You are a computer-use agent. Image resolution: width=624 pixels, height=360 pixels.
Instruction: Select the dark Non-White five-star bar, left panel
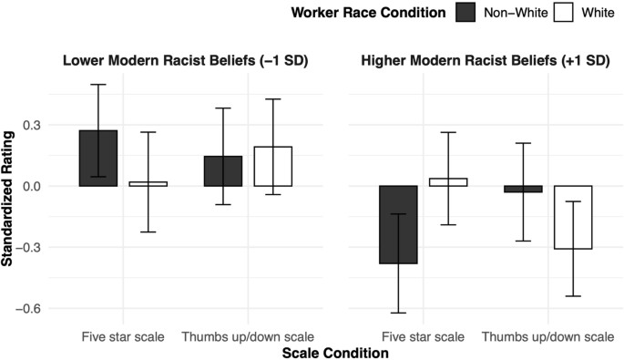[x=97, y=159]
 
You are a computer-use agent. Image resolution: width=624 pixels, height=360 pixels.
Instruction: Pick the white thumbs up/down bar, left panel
[x=272, y=167]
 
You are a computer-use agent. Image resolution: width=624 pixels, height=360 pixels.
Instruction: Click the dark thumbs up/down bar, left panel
[x=223, y=171]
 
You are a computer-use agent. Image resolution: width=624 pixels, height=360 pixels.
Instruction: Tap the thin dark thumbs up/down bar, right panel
[x=523, y=189]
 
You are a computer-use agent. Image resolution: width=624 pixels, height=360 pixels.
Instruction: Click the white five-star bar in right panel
[x=447, y=182]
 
